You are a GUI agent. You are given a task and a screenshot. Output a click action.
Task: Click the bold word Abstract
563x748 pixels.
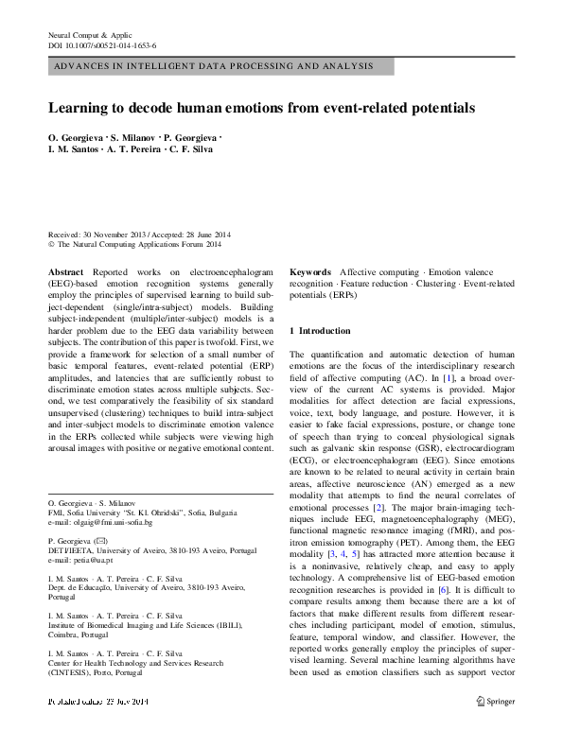[64, 270]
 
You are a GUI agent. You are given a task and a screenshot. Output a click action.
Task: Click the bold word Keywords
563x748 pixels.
[310, 270]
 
